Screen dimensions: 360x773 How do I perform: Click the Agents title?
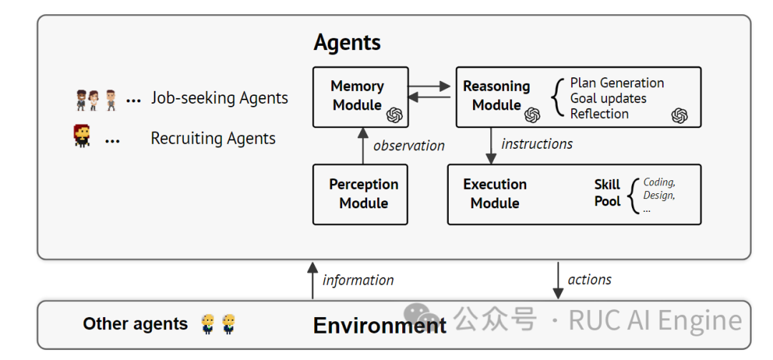coord(347,43)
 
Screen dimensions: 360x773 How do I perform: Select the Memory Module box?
coord(361,97)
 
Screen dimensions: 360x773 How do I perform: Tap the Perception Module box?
coord(361,194)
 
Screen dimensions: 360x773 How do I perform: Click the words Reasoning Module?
coord(496,96)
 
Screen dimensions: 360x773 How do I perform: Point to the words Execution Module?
coord(495,194)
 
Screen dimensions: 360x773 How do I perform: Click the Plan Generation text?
coord(617,83)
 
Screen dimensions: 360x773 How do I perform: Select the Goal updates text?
coord(608,99)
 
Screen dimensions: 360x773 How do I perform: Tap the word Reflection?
coord(599,114)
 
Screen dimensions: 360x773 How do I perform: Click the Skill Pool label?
coord(607,193)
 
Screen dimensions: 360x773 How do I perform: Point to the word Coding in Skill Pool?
coord(659,183)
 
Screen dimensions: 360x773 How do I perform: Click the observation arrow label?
coord(409,145)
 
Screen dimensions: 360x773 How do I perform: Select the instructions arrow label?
coord(537,144)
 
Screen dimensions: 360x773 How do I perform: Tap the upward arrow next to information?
coord(311,280)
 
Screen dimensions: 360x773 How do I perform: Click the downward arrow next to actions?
coord(558,281)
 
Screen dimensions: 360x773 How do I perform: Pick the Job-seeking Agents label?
coord(219,99)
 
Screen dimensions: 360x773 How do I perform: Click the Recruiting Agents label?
coord(213,139)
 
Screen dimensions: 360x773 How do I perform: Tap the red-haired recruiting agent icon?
coord(82,136)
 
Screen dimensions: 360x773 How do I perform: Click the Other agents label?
coord(135,324)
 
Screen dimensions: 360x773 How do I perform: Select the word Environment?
coord(380,326)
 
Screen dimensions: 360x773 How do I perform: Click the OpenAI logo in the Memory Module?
coord(394,115)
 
